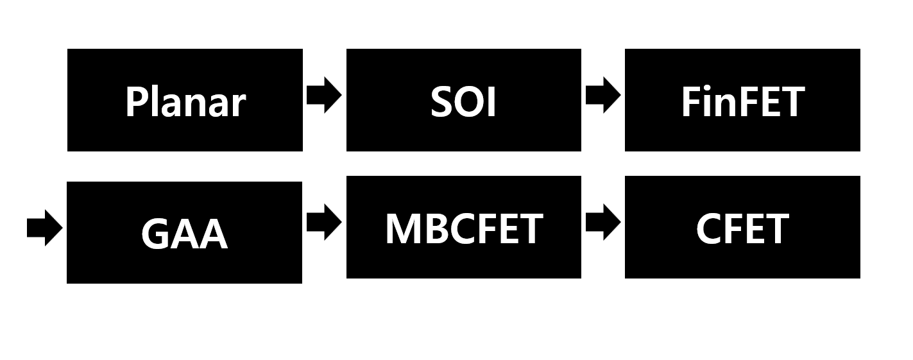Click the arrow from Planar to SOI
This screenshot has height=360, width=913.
click(324, 96)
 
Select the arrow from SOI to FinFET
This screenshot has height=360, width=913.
click(602, 96)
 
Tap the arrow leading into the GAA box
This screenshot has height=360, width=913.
click(44, 228)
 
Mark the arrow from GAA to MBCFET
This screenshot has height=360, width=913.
click(324, 223)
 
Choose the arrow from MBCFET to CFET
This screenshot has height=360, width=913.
click(602, 223)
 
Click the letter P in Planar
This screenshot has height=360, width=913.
click(135, 102)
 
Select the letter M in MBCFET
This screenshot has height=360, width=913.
click(402, 228)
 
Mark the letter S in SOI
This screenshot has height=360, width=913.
click(442, 102)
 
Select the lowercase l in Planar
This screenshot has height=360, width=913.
click(156, 101)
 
